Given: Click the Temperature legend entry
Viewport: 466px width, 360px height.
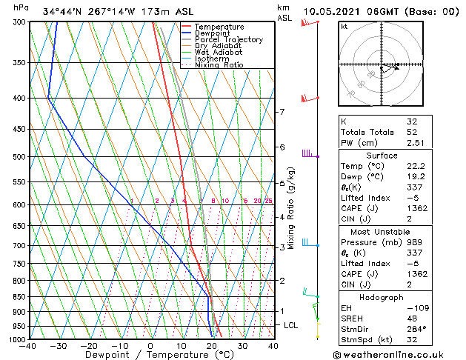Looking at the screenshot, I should pyautogui.click(x=219, y=27).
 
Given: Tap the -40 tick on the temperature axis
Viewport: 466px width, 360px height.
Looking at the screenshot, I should pyautogui.click(x=29, y=346).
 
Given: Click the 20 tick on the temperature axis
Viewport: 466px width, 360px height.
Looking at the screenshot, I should pyautogui.click(x=211, y=346).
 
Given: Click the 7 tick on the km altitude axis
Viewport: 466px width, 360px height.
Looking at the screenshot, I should pyautogui.click(x=282, y=112).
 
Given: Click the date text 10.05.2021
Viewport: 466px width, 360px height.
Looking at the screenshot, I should pyautogui.click(x=336, y=11).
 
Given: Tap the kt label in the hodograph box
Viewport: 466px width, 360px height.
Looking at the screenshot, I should pyautogui.click(x=344, y=27).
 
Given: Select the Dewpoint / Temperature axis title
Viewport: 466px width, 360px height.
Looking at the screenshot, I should pyautogui.click(x=150, y=355).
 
